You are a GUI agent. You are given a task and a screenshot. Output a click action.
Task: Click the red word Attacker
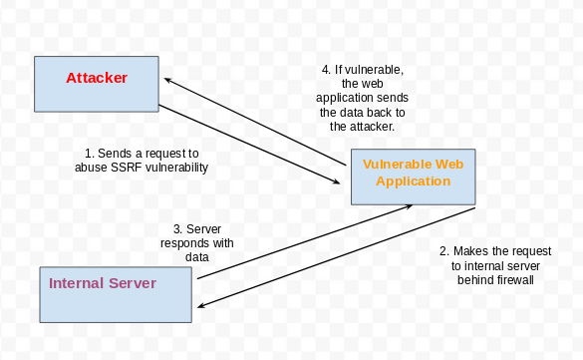tap(97, 77)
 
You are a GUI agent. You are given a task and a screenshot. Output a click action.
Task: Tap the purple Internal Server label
tap(103, 283)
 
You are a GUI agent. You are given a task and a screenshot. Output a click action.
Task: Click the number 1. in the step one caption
tap(89, 154)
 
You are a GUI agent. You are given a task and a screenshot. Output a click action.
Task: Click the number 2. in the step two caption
tap(444, 251)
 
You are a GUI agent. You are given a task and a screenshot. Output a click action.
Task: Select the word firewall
tap(513, 280)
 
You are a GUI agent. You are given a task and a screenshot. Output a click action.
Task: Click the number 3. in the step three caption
tap(177, 228)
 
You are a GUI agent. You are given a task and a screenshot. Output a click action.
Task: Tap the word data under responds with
tap(196, 256)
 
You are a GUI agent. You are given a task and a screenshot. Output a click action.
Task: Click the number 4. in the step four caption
tap(326, 70)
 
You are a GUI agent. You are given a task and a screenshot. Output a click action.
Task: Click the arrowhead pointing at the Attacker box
tap(168, 79)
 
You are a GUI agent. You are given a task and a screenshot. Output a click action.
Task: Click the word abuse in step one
tap(92, 168)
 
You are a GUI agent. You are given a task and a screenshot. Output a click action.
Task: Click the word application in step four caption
tap(348, 99)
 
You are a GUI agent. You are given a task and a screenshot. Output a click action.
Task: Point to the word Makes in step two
tap(470, 251)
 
